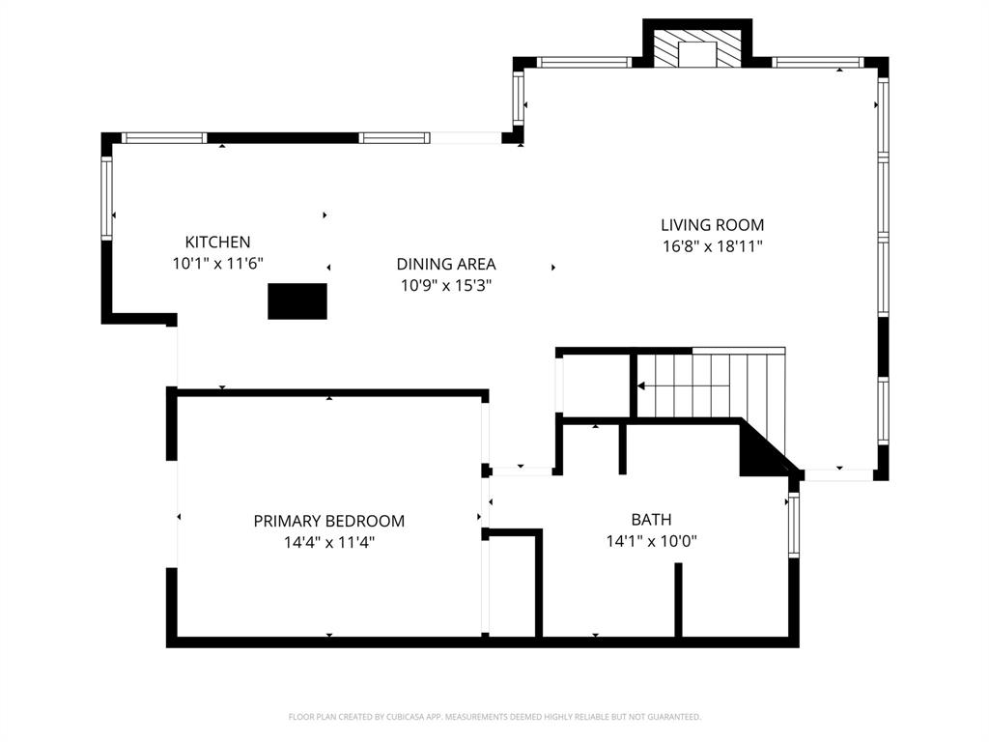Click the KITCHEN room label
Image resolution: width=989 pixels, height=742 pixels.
tap(217, 243)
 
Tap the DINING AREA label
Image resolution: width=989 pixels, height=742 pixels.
tap(446, 264)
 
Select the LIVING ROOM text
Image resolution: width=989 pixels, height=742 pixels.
tap(712, 225)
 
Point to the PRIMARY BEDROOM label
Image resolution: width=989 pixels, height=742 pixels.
tap(328, 521)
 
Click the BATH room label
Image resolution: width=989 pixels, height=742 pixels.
tap(651, 520)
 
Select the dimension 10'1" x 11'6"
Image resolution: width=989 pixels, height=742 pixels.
tap(217, 263)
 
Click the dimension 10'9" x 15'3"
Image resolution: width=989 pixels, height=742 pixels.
tap(446, 285)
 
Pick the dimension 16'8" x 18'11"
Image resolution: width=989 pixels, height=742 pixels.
tap(712, 246)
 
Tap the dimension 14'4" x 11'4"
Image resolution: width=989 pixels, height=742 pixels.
tap(328, 542)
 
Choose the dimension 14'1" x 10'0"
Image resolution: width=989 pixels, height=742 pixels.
tap(651, 541)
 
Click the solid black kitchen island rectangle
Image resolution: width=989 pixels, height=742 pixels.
tap(297, 300)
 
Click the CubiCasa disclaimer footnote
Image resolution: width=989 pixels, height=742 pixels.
tap(494, 717)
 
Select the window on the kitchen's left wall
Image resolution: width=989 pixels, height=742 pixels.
tap(107, 198)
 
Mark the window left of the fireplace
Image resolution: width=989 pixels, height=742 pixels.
tap(583, 63)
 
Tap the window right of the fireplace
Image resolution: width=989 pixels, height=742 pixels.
tap(818, 63)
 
